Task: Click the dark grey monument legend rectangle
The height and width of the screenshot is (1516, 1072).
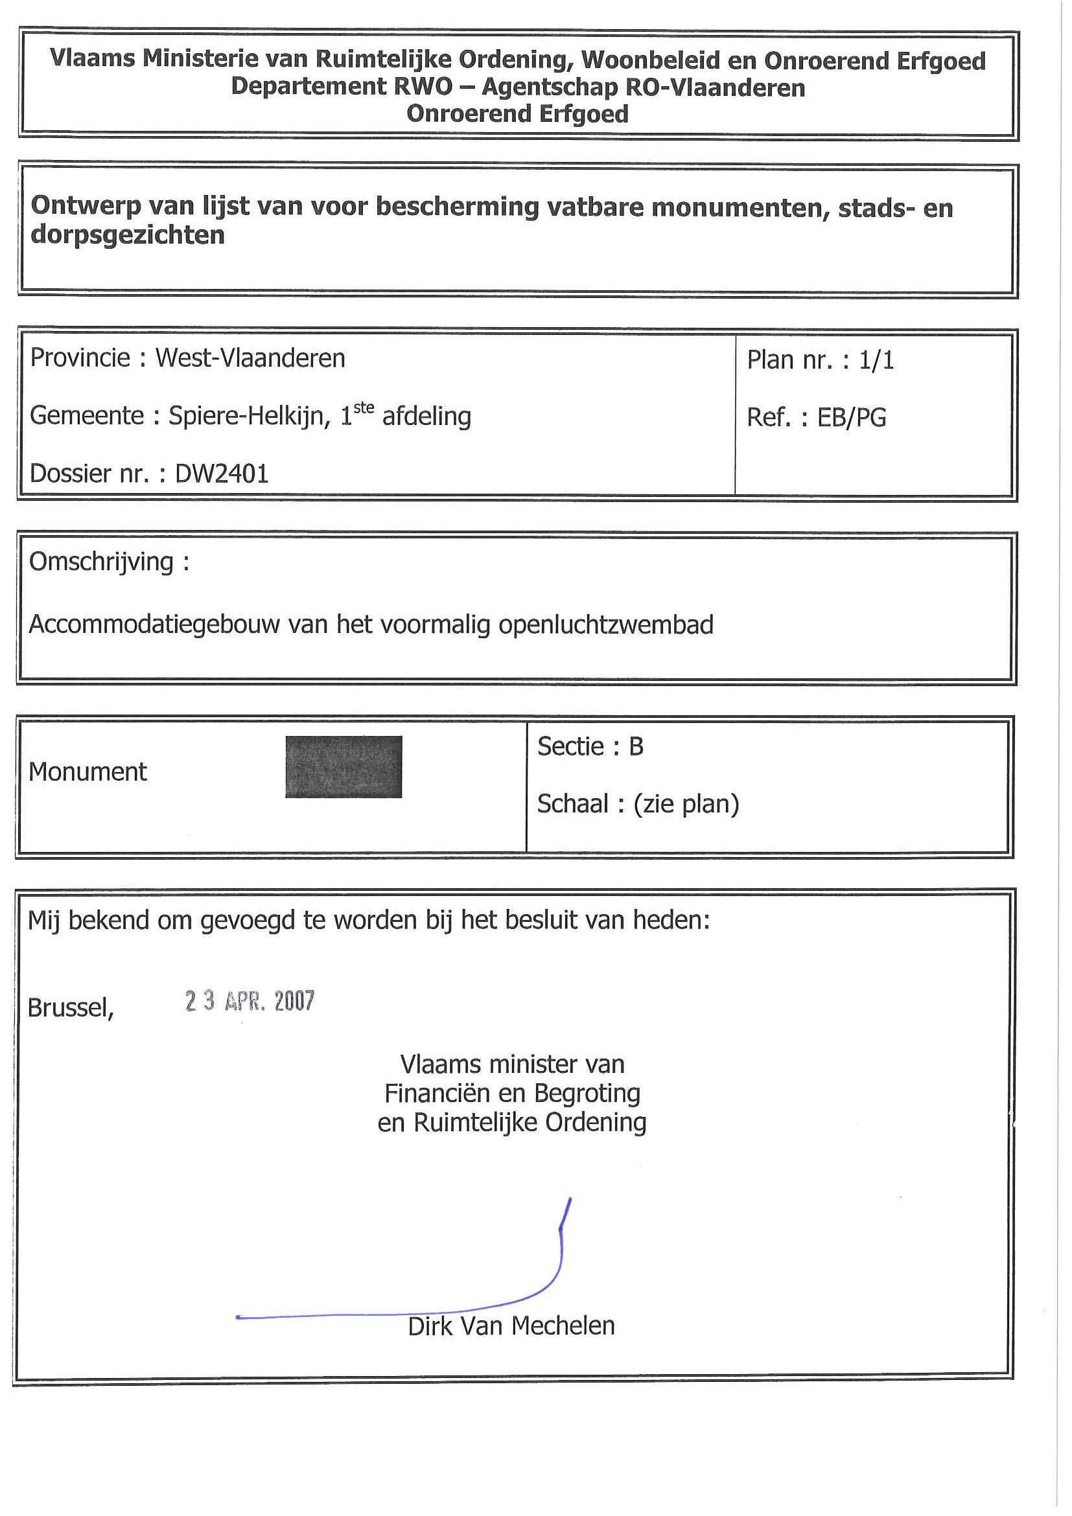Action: (x=344, y=766)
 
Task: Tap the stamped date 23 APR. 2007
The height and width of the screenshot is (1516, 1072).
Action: (x=250, y=1001)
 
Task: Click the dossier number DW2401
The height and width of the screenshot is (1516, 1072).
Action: (x=221, y=474)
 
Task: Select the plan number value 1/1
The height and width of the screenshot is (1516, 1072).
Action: (x=876, y=360)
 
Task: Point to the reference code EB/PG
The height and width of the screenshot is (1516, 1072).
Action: (x=852, y=417)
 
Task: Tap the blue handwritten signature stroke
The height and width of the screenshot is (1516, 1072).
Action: (x=560, y=1254)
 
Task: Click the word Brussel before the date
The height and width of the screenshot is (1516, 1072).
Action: (x=70, y=1008)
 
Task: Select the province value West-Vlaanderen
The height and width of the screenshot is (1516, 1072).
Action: (x=250, y=358)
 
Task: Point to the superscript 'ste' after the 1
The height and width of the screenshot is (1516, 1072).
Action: (x=364, y=408)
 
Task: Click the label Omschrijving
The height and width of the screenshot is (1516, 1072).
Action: (x=101, y=562)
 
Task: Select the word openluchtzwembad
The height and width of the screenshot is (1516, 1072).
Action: (x=606, y=625)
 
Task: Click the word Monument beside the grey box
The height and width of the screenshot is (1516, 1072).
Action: (x=88, y=772)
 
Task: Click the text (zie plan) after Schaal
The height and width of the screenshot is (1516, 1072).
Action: (x=686, y=804)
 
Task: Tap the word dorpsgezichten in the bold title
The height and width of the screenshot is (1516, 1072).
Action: (x=128, y=235)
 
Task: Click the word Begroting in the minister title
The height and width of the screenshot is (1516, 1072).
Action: (x=587, y=1094)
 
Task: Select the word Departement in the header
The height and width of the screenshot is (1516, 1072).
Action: (x=309, y=87)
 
